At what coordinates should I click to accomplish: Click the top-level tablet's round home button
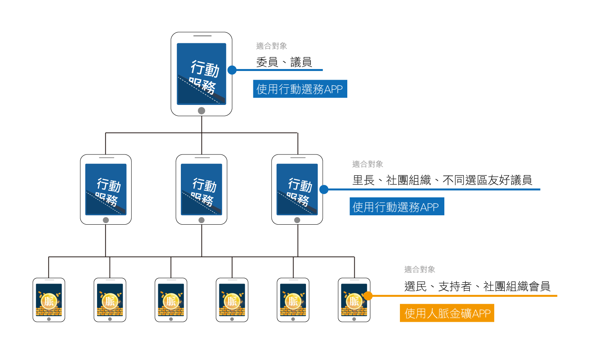(202, 110)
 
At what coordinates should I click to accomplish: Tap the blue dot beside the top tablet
(232, 70)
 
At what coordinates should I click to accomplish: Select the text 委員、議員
(284, 62)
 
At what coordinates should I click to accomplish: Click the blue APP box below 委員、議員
(300, 89)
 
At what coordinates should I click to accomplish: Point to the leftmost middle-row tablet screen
(106, 189)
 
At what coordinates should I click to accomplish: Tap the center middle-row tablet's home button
(202, 220)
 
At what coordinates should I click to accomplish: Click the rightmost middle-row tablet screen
(297, 189)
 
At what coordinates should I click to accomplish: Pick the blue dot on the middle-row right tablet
(324, 190)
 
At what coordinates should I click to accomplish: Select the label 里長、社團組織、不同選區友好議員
(442, 180)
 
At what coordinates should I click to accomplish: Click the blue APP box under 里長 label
(396, 207)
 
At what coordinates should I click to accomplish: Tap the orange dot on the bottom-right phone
(368, 296)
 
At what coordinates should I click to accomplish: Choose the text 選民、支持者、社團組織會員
(477, 287)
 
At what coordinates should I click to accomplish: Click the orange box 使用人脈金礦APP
(447, 313)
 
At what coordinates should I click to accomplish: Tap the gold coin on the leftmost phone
(49, 301)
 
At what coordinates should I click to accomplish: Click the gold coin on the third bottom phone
(171, 301)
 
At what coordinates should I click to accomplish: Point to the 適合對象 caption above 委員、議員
(272, 46)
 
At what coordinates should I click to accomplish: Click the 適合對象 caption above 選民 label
(419, 270)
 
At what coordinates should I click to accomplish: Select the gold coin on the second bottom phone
(110, 301)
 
